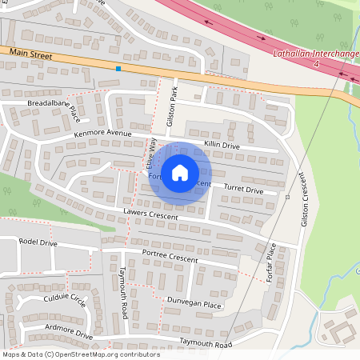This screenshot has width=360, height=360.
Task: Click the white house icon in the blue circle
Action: click(180, 173)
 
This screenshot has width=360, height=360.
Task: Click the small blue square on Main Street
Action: click(118, 69)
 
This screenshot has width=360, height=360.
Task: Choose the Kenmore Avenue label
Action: click(102, 132)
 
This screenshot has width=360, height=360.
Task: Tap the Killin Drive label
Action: click(222, 146)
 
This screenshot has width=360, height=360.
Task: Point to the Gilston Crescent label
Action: click(303, 198)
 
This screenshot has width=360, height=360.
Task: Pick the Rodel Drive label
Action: click(38, 242)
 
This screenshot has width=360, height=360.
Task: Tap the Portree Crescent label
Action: click(169, 254)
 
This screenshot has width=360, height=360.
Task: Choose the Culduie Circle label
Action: click(66, 300)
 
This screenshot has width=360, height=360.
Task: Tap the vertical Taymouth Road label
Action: click(124, 293)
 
